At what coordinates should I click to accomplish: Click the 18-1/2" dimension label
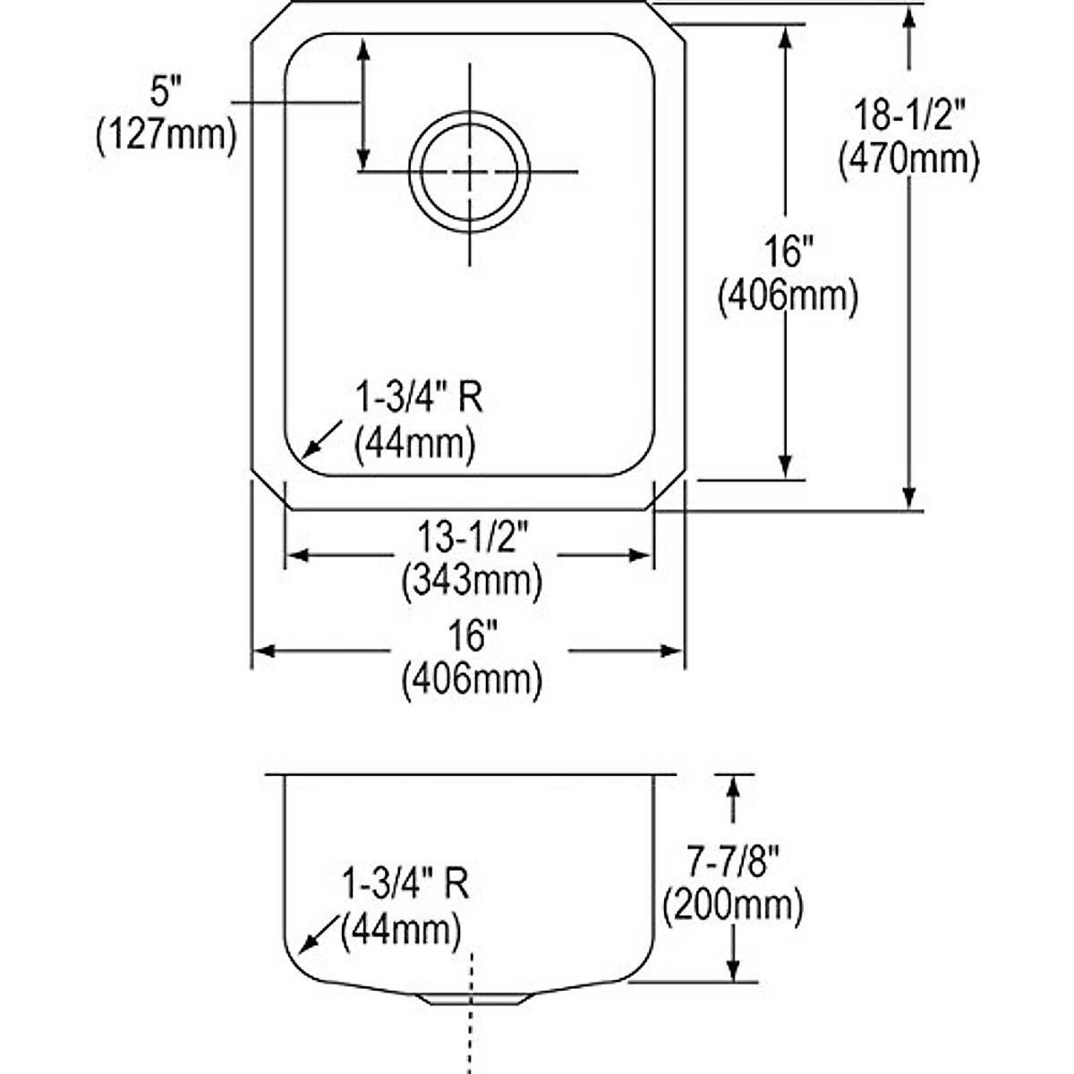908,116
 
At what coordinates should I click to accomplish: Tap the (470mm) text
908,159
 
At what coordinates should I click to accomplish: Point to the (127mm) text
166,136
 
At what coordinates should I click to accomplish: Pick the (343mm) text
473,581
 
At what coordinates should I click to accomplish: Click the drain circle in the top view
469,170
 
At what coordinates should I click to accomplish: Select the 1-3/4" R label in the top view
419,398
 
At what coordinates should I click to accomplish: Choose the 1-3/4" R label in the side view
405,886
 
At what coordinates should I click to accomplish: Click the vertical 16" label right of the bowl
786,252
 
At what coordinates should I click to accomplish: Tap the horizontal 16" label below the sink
473,637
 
